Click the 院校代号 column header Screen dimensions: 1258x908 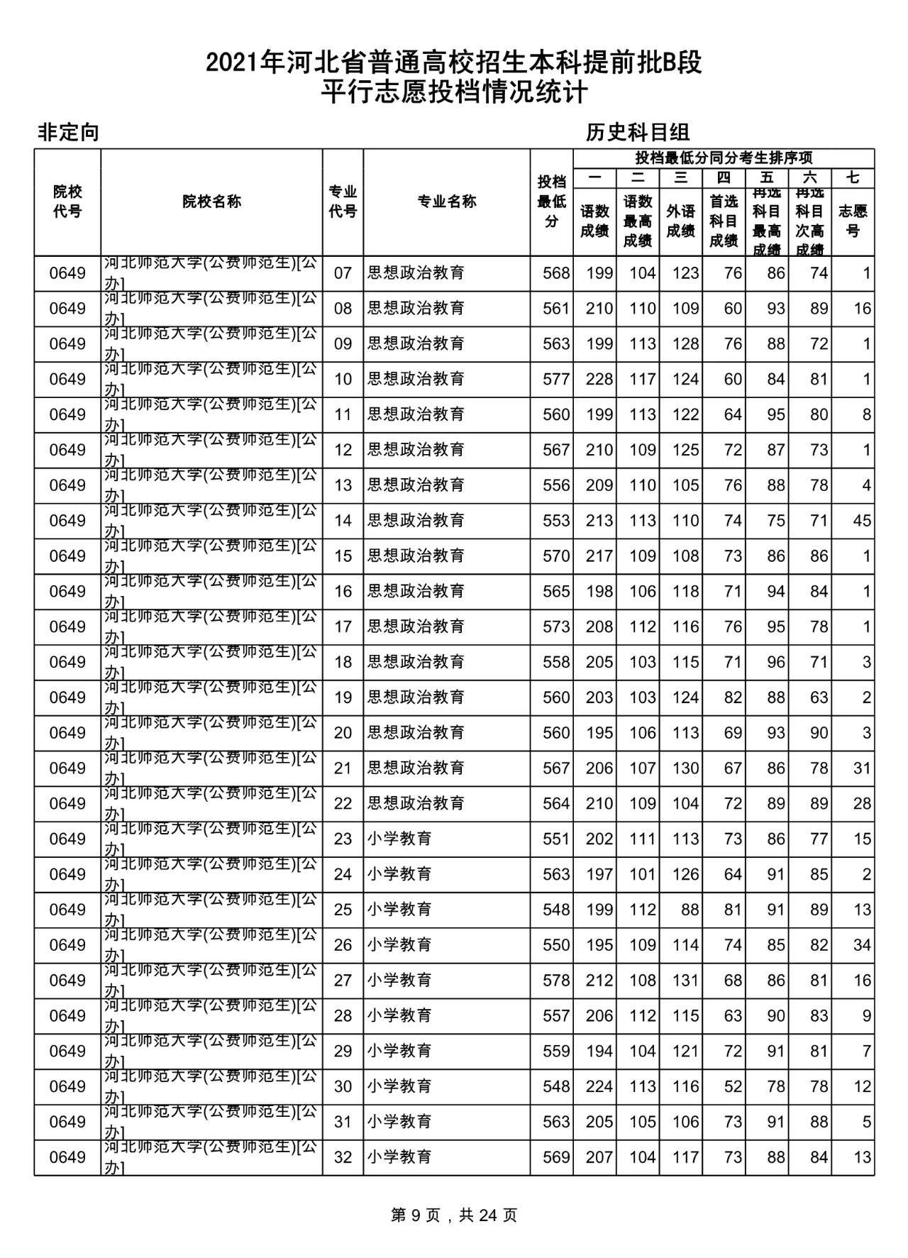67,202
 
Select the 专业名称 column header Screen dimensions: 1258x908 446,202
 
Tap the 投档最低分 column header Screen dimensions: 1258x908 551,202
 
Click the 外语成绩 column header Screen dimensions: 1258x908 680,221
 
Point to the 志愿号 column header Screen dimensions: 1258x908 853,221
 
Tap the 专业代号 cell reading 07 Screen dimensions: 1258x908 343,273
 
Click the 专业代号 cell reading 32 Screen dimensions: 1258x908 343,1157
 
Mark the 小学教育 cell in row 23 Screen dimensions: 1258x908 399,839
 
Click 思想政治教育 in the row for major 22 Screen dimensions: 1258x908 416,803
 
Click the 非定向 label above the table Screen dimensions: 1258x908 68,133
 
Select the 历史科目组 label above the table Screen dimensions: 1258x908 638,133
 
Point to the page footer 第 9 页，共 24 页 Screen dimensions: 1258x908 454,1215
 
